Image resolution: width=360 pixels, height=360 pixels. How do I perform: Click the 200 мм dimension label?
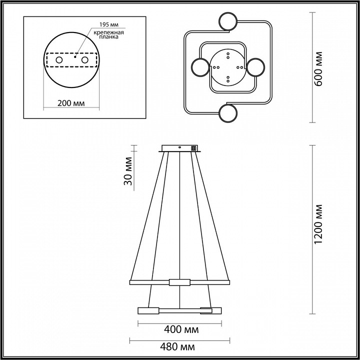[x=71, y=103]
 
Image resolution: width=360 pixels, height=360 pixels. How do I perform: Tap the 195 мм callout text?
[x=109, y=24]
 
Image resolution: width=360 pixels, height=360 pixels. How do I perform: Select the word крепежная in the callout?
[x=109, y=32]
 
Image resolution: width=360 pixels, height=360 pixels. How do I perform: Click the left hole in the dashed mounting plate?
[x=59, y=60]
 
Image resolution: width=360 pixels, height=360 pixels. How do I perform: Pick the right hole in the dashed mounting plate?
[x=84, y=60]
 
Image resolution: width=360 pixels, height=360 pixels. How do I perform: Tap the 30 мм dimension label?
[x=128, y=171]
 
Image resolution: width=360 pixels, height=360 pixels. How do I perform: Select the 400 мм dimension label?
[x=181, y=330]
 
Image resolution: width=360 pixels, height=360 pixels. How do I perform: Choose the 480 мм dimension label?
[x=177, y=347]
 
